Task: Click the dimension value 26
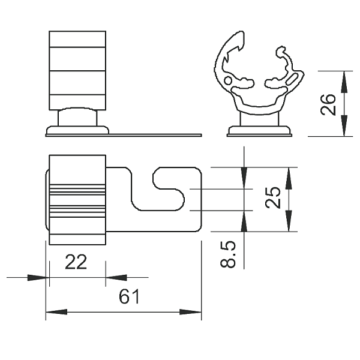[328, 104]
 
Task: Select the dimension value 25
[273, 197]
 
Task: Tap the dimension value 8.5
[228, 254]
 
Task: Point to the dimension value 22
[76, 262]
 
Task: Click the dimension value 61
[129, 296]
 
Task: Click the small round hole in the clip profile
[228, 80]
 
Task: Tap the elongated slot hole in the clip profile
[292, 79]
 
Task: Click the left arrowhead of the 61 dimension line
[56, 312]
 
